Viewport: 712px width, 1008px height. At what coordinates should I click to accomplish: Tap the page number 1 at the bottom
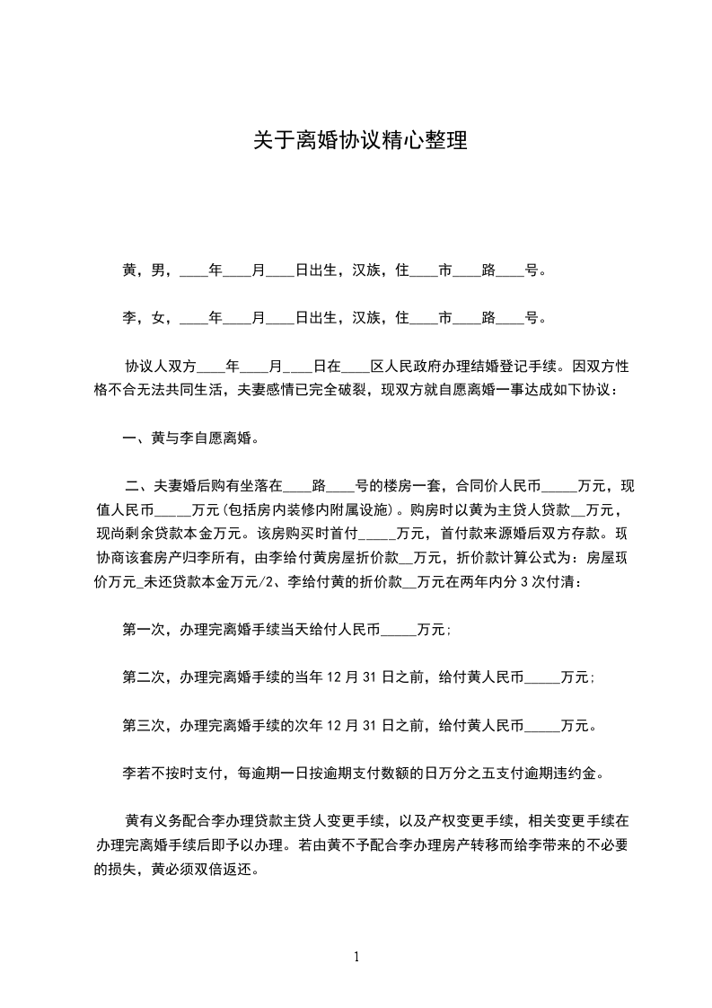(x=356, y=957)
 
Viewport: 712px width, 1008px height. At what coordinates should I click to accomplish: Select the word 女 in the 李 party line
(x=157, y=317)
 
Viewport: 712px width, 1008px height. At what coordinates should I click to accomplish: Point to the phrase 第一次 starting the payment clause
(x=143, y=631)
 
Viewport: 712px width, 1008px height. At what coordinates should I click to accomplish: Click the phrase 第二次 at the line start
(x=143, y=678)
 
